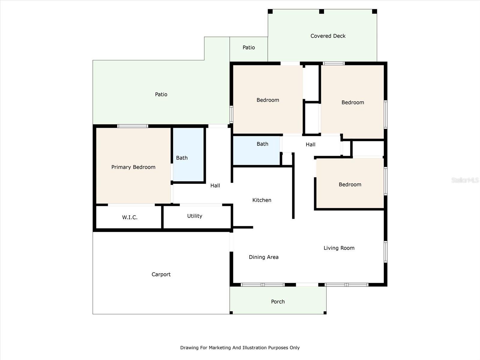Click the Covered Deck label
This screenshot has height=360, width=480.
[328, 36]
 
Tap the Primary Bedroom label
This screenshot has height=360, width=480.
[133, 167]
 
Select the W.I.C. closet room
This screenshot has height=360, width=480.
[130, 217]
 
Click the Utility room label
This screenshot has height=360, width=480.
[194, 216]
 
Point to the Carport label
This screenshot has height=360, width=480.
[161, 274]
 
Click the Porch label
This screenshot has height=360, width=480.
[278, 301]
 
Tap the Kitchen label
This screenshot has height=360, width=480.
[262, 200]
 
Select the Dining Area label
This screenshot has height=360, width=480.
[263, 257]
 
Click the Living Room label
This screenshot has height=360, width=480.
[339, 248]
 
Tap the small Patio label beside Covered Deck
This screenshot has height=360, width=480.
[249, 47]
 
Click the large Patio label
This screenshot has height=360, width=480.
[161, 94]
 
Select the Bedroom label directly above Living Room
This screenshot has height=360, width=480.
[350, 184]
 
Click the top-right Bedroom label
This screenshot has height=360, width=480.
[352, 102]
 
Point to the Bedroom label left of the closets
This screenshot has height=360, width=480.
[268, 100]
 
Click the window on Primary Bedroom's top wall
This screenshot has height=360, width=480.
[133, 126]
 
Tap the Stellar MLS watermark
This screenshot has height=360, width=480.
[465, 180]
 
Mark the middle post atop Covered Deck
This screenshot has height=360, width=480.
[321, 11]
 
